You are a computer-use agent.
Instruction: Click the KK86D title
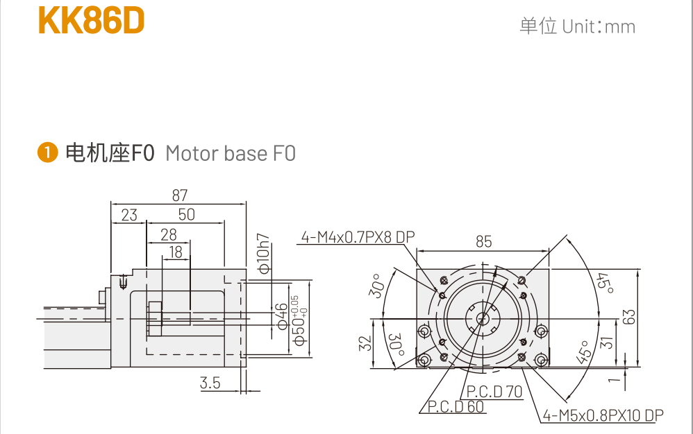pyautogui.click(x=92, y=21)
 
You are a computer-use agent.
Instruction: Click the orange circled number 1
pyautogui.click(x=47, y=153)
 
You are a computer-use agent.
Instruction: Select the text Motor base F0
pyautogui.click(x=231, y=153)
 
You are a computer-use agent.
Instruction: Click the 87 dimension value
pyautogui.click(x=179, y=196)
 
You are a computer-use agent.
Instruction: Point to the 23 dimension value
pyautogui.click(x=129, y=215)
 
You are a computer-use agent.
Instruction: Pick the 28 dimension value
pyautogui.click(x=169, y=234)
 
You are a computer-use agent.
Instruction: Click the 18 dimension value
pyautogui.click(x=176, y=252)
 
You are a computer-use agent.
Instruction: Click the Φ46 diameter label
pyautogui.click(x=282, y=316)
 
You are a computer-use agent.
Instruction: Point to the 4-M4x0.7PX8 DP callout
pyautogui.click(x=357, y=238)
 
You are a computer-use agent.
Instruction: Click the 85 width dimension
pyautogui.click(x=483, y=241)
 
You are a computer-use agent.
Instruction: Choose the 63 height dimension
pyautogui.click(x=629, y=317)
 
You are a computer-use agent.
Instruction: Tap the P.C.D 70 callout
pyautogui.click(x=494, y=392)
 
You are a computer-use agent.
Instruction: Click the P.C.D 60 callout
pyautogui.click(x=456, y=407)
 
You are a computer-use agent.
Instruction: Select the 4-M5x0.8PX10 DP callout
pyautogui.click(x=603, y=415)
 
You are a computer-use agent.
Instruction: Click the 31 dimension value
pyautogui.click(x=604, y=342)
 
